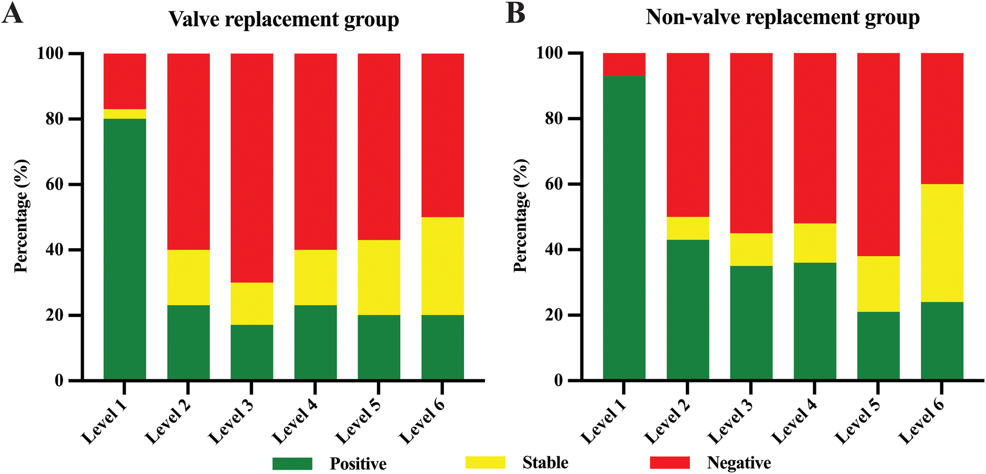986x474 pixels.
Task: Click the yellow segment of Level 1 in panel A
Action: pos(125,114)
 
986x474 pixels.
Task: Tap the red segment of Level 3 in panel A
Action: pos(252,168)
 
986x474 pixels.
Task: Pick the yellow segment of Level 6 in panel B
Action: pos(942,243)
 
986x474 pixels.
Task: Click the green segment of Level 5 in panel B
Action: pos(878,346)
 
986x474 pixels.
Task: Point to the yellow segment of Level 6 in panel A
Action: pos(442,266)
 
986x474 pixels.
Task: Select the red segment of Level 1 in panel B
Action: pos(624,64)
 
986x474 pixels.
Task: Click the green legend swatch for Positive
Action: pos(292,463)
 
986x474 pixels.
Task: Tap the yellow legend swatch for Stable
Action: pos(485,462)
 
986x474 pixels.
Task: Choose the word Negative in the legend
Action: pos(739,463)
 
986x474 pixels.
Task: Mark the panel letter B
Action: pos(515,14)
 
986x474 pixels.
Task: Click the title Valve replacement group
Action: pos(284,20)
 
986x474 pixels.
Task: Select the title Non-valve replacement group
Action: pos(782,18)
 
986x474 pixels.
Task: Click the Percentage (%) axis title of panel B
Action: pos(521,216)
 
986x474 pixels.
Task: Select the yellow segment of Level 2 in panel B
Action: pos(688,228)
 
